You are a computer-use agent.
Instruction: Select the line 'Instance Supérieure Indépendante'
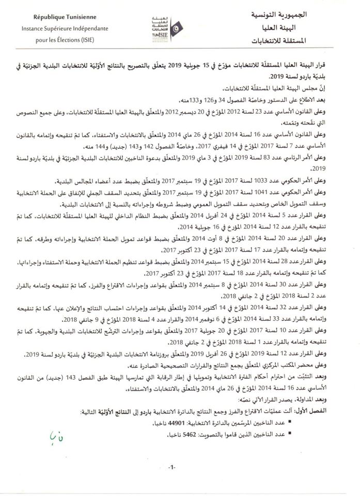[x=58, y=27]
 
